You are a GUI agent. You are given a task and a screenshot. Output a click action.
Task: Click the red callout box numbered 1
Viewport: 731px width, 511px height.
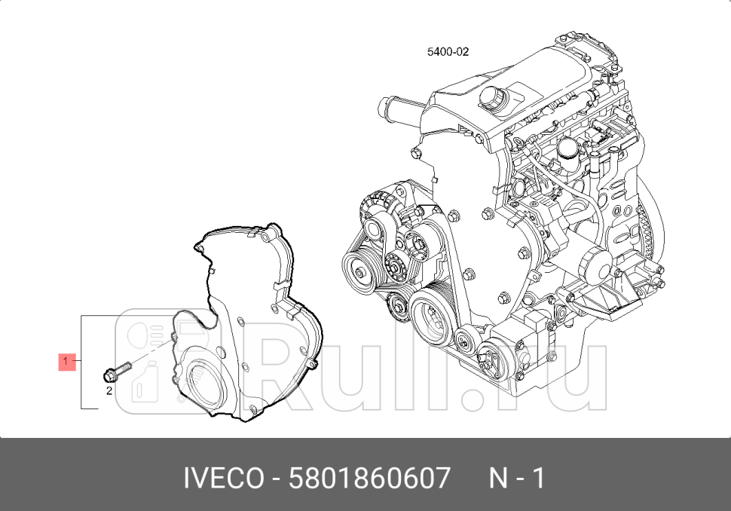tap(66, 362)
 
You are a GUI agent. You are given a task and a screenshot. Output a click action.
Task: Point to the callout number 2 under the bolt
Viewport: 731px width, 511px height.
tap(109, 391)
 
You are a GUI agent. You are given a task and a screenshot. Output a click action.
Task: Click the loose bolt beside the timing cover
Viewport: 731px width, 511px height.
tap(115, 372)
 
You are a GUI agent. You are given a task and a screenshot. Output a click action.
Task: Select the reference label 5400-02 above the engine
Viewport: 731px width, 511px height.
tap(448, 52)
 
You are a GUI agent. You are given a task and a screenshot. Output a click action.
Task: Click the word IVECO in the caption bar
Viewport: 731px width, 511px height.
tap(224, 478)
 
